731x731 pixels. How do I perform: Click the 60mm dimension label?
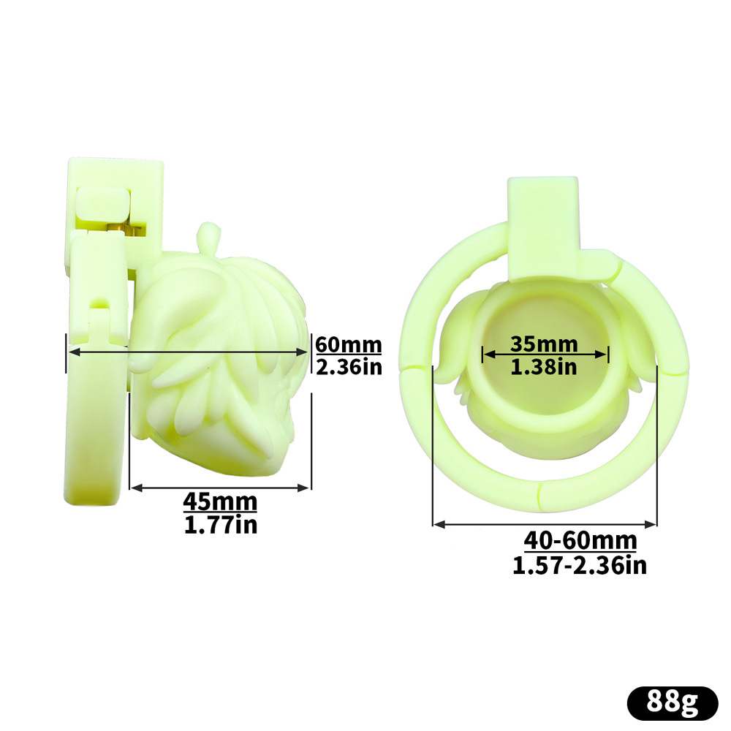tap(348, 345)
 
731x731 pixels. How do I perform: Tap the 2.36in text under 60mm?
tap(349, 367)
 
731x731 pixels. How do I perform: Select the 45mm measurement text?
tap(220, 502)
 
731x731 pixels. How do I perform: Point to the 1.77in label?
tap(221, 525)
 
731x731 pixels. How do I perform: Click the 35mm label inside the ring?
tap(544, 344)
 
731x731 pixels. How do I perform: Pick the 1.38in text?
tap(544, 367)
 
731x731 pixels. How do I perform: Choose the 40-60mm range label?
tap(580, 541)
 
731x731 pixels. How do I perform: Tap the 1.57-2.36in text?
tap(580, 566)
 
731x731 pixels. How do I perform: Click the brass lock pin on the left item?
tap(122, 229)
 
